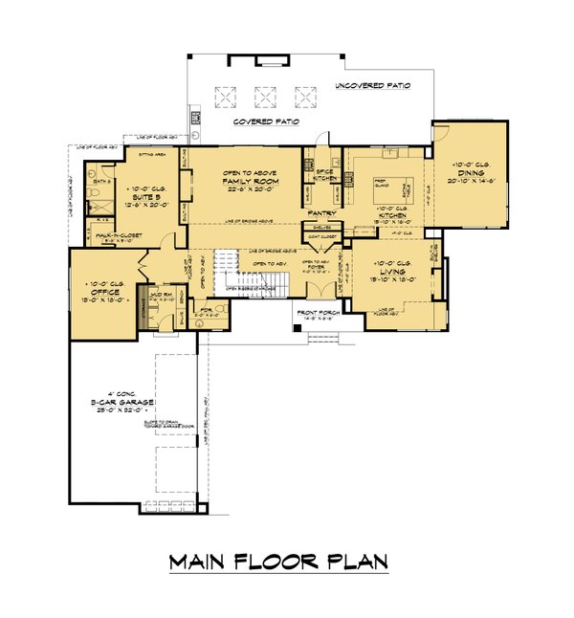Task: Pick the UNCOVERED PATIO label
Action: tap(372, 86)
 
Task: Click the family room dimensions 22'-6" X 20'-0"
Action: tap(247, 188)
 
